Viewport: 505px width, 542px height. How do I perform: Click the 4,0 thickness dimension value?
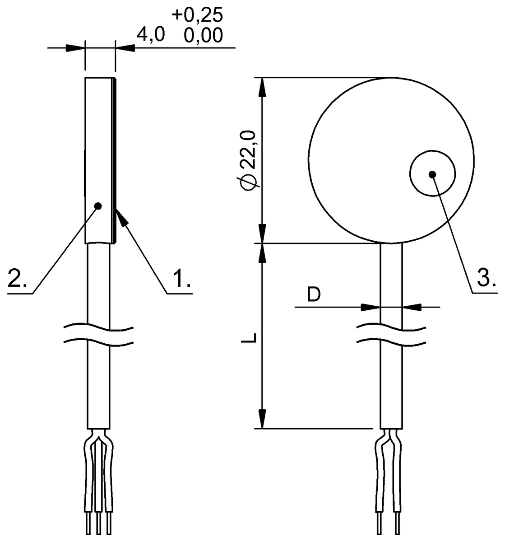(151, 35)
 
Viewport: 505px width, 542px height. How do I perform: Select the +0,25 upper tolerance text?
(197, 15)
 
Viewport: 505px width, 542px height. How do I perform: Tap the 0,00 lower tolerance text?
(203, 35)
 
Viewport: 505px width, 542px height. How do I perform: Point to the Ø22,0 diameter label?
(250, 161)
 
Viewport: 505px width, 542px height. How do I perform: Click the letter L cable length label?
(249, 337)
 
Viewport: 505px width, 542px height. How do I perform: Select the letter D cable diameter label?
(314, 294)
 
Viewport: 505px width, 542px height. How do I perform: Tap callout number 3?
(487, 278)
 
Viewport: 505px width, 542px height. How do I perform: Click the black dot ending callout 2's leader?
(98, 206)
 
